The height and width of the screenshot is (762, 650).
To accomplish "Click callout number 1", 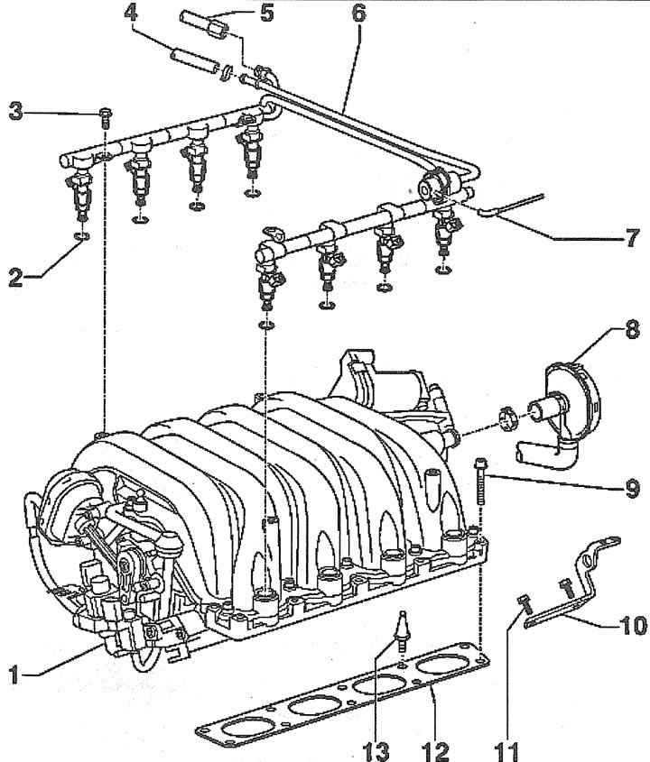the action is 14,675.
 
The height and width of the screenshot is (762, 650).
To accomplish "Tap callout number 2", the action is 16,278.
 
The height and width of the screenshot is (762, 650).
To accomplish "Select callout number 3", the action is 16,111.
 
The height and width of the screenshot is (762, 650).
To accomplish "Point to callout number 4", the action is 130,14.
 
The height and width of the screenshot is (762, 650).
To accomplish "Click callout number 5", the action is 267,13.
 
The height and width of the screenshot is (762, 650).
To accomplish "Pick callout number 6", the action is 358,14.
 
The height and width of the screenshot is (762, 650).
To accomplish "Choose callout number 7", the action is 632,238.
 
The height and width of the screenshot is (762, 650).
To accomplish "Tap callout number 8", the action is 632,329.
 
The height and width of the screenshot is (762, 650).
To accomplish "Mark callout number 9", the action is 632,488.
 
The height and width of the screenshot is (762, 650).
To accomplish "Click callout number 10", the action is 633,626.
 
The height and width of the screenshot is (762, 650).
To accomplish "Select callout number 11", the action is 508,751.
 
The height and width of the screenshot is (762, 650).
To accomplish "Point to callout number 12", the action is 435,751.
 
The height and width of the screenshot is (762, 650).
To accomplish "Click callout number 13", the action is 376,751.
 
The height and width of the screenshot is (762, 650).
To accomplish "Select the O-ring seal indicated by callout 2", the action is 82,236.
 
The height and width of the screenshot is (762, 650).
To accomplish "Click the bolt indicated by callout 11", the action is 525,603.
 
